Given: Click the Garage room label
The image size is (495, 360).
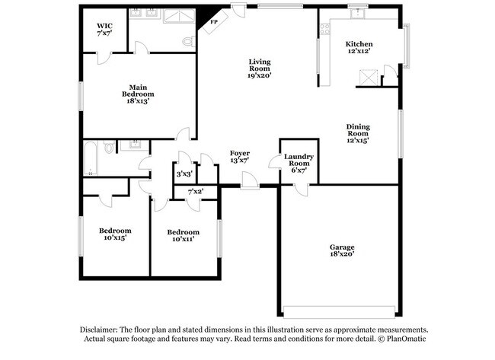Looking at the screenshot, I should [341, 250].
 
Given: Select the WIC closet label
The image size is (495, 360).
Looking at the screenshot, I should [104, 29].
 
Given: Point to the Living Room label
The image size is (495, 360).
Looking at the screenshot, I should [260, 68].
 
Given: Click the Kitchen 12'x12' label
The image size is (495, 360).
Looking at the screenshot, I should [358, 47].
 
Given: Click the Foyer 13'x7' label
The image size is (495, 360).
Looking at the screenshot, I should [239, 158].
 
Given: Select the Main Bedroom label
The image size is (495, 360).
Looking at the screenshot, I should [137, 94].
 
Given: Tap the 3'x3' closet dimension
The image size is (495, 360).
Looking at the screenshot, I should [184, 174].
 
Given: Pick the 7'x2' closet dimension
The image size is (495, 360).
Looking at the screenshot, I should [196, 191].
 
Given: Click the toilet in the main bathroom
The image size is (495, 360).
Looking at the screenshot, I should [189, 42].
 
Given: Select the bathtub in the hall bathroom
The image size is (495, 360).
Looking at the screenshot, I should [89, 158].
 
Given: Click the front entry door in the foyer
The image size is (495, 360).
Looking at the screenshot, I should [248, 180].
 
